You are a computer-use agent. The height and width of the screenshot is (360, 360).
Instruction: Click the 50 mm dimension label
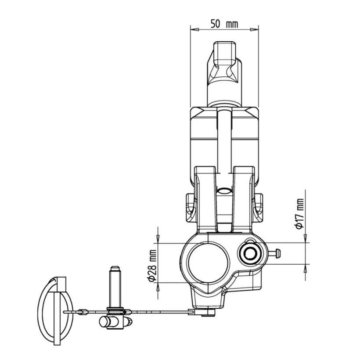(224, 24)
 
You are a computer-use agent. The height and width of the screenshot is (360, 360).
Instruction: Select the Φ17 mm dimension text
(300, 214)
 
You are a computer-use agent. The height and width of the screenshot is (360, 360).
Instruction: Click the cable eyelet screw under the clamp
(208, 313)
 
